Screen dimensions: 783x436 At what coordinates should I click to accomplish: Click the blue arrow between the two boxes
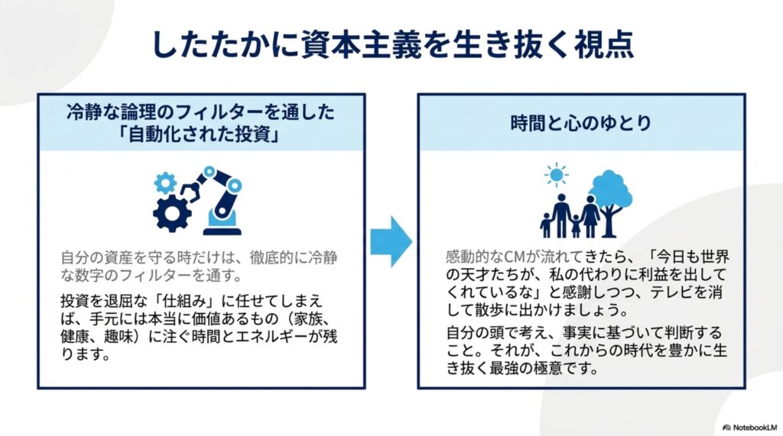(391, 242)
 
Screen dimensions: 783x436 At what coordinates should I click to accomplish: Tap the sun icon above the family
(556, 175)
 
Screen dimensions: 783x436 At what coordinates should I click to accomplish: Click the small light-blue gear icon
(165, 183)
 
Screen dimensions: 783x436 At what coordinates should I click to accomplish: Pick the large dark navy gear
(172, 214)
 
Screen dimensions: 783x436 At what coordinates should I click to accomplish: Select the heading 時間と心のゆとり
(581, 123)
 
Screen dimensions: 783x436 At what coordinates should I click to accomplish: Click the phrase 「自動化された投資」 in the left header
(201, 134)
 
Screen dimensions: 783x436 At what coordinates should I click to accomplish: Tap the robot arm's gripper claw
(190, 191)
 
